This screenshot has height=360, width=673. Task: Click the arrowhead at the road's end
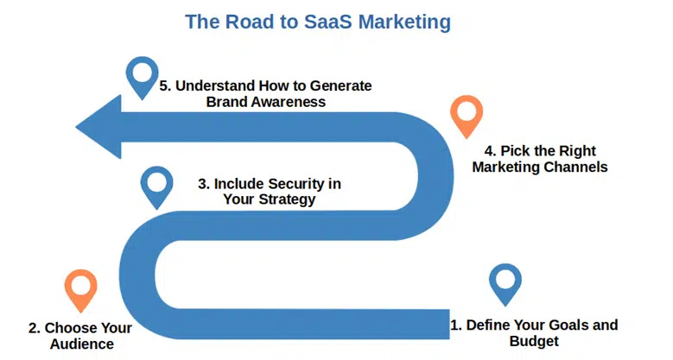coord(98,127)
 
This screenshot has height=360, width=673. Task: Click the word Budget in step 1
coord(534,341)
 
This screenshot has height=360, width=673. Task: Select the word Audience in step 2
coord(82,344)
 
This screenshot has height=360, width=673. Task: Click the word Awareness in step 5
coord(289,102)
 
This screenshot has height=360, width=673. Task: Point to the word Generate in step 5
coord(340,85)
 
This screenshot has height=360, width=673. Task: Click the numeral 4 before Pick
coord(489,151)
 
